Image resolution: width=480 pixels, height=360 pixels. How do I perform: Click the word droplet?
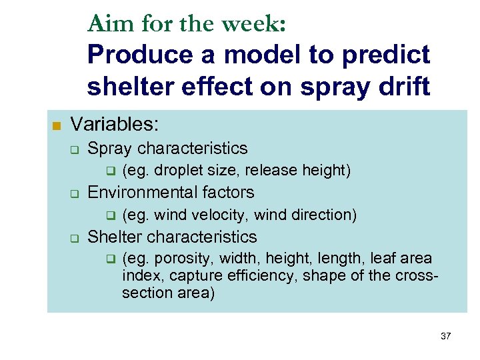[179, 171]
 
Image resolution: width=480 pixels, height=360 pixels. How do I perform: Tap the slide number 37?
[445, 337]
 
